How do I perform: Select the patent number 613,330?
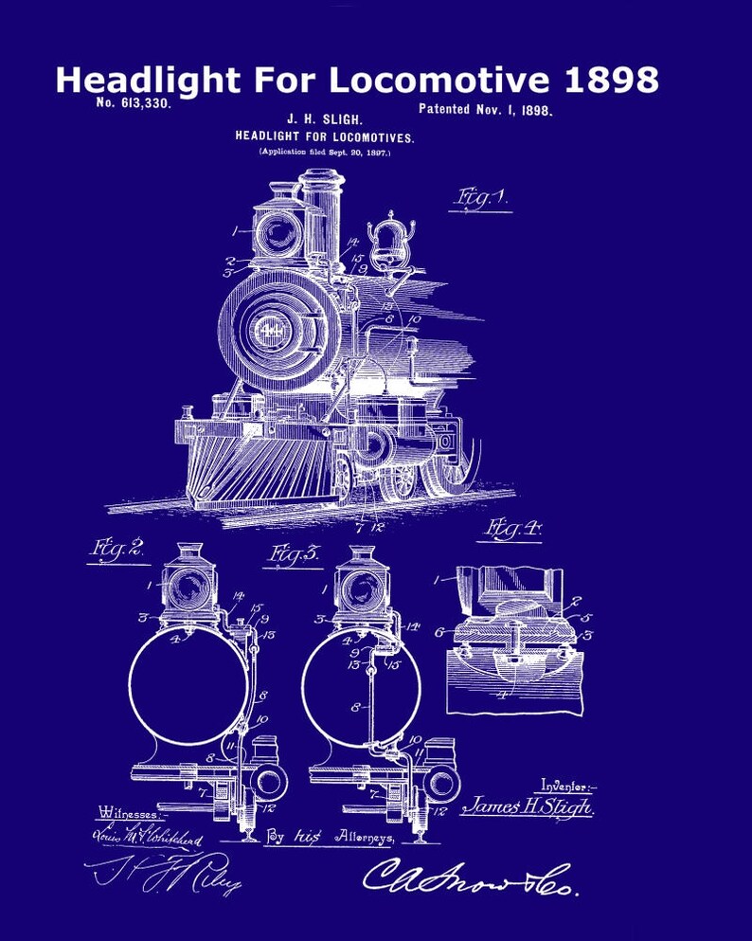(134, 103)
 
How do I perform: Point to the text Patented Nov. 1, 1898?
(485, 109)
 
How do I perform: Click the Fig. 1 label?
(481, 198)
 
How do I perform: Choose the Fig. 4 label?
(511, 530)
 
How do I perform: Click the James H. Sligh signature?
(527, 807)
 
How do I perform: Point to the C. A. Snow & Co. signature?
(469, 878)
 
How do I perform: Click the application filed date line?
(325, 152)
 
